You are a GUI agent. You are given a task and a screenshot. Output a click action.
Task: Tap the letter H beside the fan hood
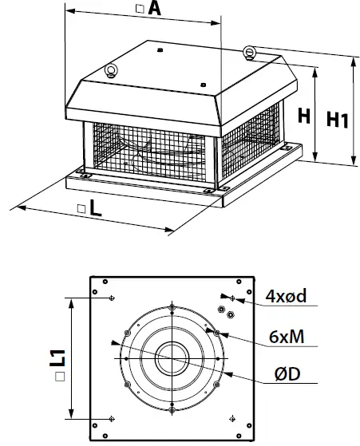[x=304, y=116]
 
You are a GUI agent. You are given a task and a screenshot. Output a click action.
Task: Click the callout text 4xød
[x=286, y=298]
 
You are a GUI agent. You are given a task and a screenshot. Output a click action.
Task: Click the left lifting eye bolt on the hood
[x=112, y=69]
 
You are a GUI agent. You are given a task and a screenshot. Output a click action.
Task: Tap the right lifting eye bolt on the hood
[x=251, y=53]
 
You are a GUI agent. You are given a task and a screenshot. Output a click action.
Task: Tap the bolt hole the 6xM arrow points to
[x=216, y=331]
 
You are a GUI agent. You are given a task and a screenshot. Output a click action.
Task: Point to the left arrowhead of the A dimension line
[x=66, y=11]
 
